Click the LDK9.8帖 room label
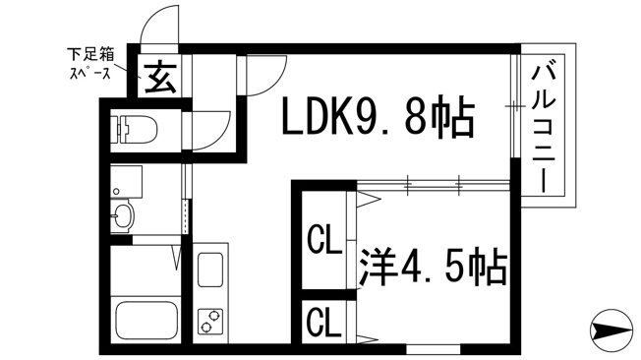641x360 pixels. click(x=379, y=116)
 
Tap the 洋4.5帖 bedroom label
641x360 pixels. click(x=434, y=267)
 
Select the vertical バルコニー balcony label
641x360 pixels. click(x=544, y=128)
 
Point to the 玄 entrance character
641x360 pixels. click(x=160, y=78)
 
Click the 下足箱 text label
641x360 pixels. click(x=90, y=54)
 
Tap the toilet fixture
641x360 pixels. click(x=134, y=129)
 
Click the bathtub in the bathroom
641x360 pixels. click(x=146, y=320)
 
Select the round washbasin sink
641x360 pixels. click(x=122, y=215)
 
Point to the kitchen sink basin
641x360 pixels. click(x=210, y=270)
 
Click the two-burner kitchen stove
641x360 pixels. click(x=210, y=321)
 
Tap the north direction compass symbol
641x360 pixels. click(x=611, y=330)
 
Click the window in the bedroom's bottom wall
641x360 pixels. click(x=434, y=350)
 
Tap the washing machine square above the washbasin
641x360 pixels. click(x=126, y=182)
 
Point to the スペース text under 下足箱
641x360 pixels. click(x=90, y=73)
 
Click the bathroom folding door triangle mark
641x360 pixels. click(x=177, y=258)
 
